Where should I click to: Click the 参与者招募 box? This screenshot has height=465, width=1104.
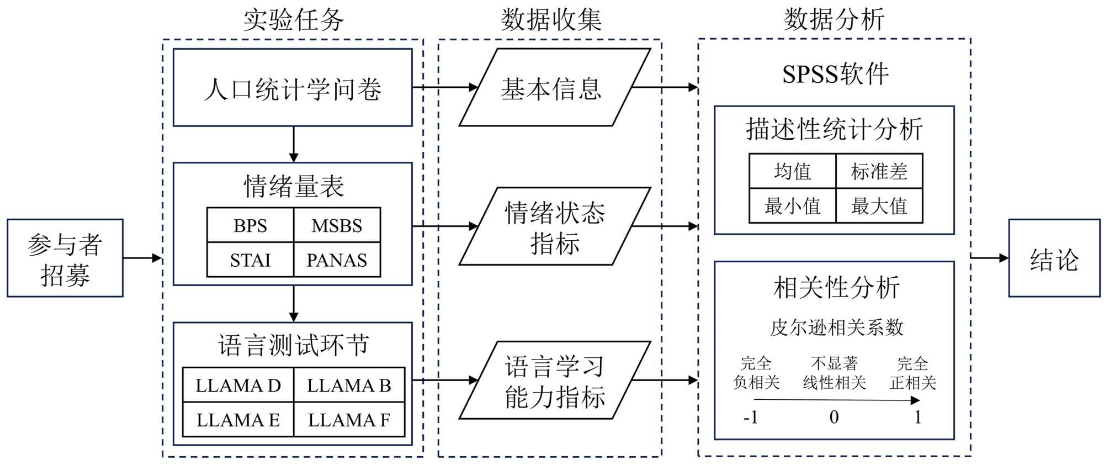65,258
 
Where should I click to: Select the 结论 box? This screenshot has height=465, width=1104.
1054,258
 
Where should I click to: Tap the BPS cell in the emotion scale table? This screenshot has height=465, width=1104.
250,225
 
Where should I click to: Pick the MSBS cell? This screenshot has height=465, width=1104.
337,225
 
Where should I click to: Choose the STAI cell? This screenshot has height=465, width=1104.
250,260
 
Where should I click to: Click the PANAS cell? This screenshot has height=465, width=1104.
337,260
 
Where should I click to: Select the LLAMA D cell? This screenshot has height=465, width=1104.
238,385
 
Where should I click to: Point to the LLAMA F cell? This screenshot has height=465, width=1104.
349,420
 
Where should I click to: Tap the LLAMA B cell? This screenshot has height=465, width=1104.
349,385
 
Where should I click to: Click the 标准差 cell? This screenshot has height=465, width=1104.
879,171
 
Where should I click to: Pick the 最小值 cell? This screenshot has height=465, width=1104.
792,206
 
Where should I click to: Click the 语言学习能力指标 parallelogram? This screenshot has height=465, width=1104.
554,381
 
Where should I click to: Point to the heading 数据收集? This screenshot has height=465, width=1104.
551,20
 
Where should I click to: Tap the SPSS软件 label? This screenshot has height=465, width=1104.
835,74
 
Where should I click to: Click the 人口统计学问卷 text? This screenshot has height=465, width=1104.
293,88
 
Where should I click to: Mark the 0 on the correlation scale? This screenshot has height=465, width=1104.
834,417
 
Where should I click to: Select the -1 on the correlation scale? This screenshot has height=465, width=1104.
751,417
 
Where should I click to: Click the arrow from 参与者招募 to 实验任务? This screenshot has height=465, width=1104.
142,258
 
